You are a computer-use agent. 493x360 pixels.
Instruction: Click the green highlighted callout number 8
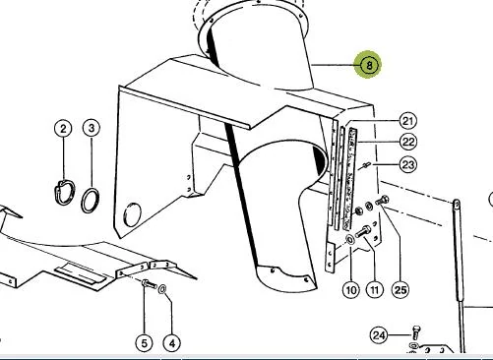369,65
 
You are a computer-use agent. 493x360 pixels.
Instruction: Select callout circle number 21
407,122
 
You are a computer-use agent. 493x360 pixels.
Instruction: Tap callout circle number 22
408,143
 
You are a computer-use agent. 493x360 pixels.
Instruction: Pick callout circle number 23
408,164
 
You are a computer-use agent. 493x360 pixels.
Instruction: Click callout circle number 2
63,129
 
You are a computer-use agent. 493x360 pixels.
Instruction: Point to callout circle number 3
92,128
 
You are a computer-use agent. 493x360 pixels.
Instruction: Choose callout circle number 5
145,343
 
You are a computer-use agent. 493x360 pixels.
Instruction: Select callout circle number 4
172,343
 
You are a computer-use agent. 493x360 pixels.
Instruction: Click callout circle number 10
351,290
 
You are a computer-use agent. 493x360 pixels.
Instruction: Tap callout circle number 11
375,290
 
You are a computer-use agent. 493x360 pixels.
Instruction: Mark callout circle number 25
401,290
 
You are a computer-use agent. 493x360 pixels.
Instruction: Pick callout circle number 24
379,335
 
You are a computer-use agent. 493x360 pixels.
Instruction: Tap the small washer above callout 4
161,290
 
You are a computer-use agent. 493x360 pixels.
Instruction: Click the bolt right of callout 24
416,332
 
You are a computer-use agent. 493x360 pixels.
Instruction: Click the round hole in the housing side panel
132,214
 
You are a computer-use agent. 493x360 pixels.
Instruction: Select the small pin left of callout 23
366,165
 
